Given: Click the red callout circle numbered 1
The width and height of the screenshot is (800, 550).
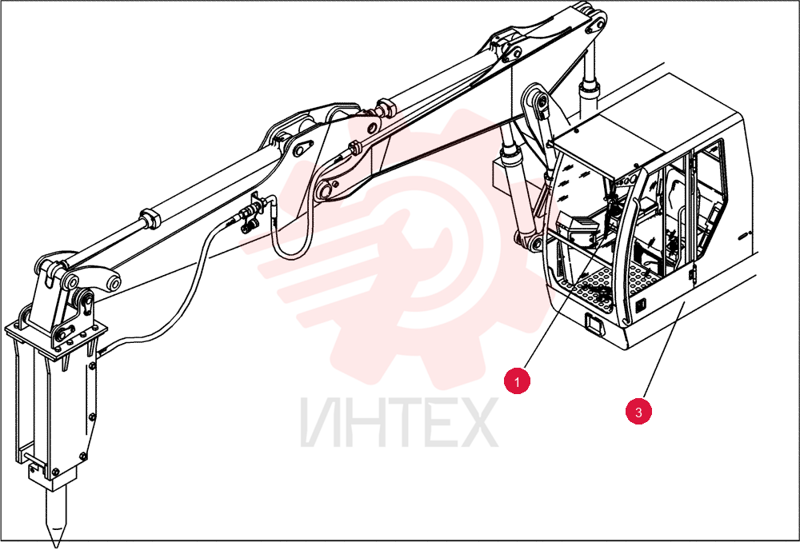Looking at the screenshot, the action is click(517, 381).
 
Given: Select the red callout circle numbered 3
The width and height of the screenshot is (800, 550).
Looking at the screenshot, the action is click(638, 411).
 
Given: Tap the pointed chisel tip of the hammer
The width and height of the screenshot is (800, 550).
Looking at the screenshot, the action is click(56, 544).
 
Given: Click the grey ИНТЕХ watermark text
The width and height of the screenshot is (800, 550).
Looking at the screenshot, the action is click(399, 423).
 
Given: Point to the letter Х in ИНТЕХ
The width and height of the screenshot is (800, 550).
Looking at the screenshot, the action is click(474, 423).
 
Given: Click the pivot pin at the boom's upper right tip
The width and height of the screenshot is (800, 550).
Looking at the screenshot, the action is click(597, 24).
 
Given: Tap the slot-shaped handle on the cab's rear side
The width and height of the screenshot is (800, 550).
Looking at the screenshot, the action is click(744, 235).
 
